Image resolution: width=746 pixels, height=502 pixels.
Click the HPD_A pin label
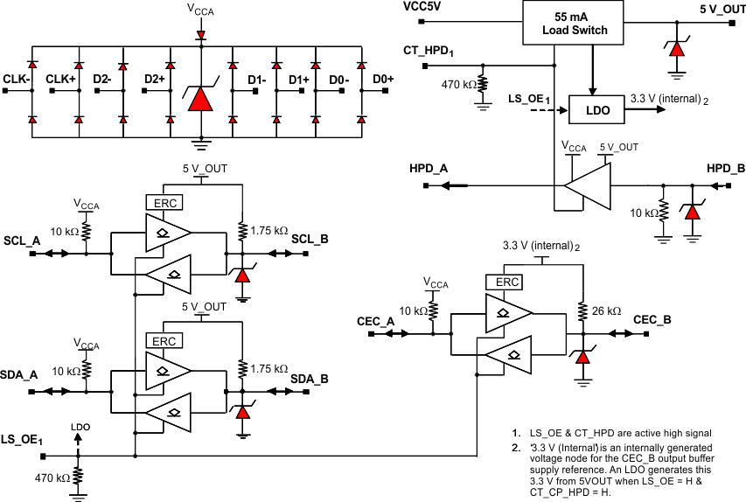pyautogui.click(x=429, y=168)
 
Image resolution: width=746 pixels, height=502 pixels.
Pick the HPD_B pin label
pyautogui.click(x=726, y=168)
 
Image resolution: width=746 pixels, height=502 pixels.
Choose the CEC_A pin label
pyautogui.click(x=377, y=320)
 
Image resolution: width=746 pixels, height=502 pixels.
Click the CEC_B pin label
pyautogui.click(x=652, y=320)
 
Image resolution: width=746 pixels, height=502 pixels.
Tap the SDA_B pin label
pyautogui.click(x=310, y=379)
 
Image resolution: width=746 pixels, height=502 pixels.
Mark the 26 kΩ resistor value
pyautogui.click(x=606, y=311)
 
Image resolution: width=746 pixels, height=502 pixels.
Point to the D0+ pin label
pyautogui.click(x=383, y=80)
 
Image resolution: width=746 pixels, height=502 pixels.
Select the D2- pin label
pyautogui.click(x=101, y=80)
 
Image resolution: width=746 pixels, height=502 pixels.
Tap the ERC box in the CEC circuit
pyautogui.click(x=508, y=282)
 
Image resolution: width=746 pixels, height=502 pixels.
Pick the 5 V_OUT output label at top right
pyautogui.click(x=722, y=8)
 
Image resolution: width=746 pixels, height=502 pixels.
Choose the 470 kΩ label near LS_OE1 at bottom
pyautogui.click(x=52, y=478)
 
